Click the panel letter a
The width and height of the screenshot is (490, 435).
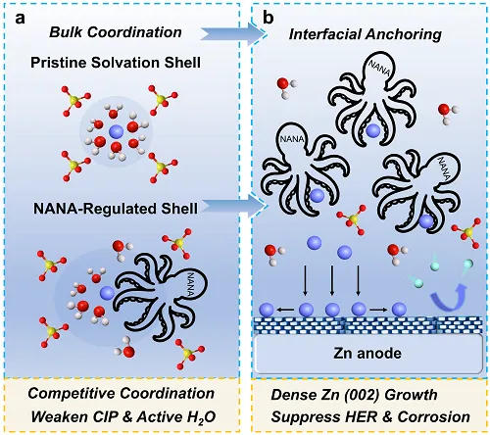pyautogui.click(x=20, y=19)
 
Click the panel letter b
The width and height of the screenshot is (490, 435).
pyautogui.click(x=269, y=18)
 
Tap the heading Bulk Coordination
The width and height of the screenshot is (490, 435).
pyautogui.click(x=116, y=32)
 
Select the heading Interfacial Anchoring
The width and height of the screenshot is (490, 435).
pyautogui.click(x=365, y=34)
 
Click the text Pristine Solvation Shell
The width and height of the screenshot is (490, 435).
pyautogui.click(x=116, y=63)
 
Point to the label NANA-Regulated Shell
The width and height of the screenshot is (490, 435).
pyautogui.click(x=116, y=209)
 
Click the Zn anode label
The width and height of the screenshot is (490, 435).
pyautogui.click(x=367, y=354)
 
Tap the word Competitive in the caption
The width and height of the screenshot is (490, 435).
pyautogui.click(x=71, y=394)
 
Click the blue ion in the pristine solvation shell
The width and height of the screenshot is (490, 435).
pyautogui.click(x=117, y=132)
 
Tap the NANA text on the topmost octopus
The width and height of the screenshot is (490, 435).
pyautogui.click(x=379, y=68)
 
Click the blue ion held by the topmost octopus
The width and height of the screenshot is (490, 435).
pyautogui.click(x=372, y=130)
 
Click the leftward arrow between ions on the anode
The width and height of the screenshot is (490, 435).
pyautogui.click(x=286, y=309)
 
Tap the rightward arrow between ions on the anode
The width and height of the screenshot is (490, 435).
pyautogui.click(x=379, y=309)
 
